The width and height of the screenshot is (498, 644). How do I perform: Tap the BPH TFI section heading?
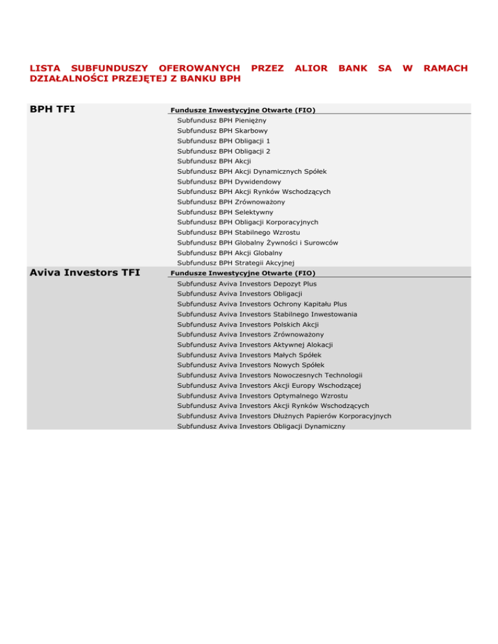53,109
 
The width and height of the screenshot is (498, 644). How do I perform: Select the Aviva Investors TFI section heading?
84,272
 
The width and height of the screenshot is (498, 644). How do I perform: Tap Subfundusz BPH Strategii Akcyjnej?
235,262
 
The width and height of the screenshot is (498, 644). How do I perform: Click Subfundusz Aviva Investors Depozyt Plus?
246,284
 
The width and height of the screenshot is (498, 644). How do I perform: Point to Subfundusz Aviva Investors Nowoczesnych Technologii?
269,375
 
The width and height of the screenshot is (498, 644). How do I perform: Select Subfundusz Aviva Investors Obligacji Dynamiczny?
261,426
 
